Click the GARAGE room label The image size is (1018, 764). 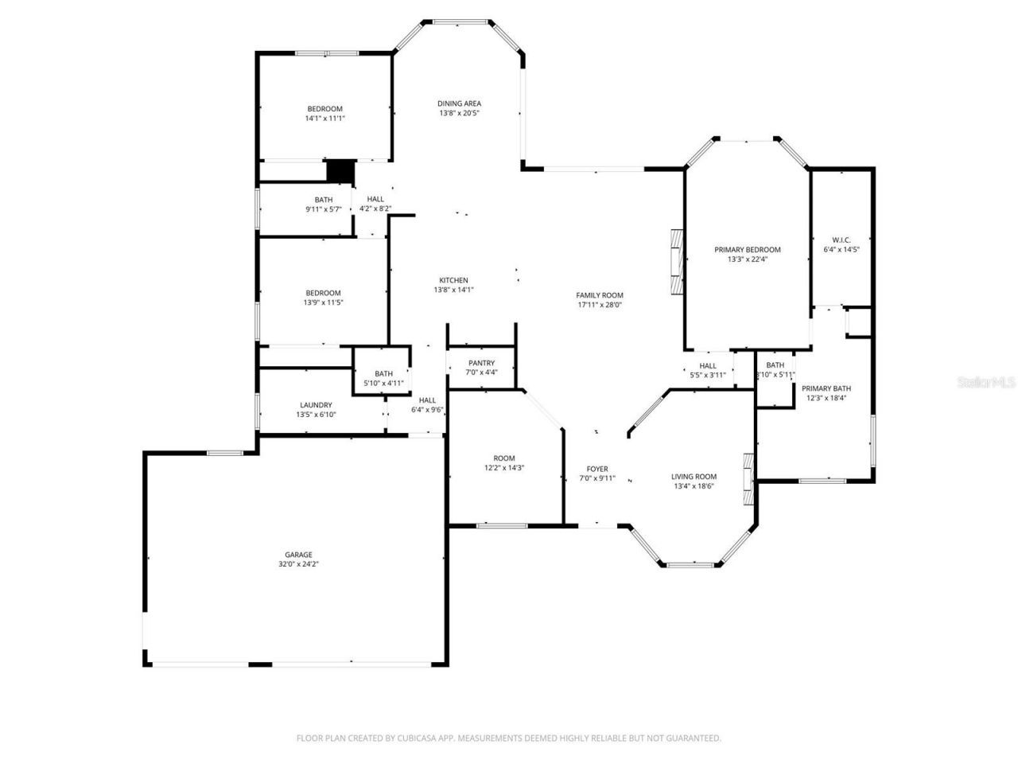[x=299, y=555]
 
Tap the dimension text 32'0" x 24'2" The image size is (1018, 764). [x=299, y=564]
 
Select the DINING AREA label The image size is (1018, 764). [x=459, y=103]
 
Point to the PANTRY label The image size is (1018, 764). [x=481, y=363]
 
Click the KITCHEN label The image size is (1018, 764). [x=453, y=280]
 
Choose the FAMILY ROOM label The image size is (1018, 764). [x=600, y=295]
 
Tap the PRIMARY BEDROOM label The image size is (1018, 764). [x=747, y=249]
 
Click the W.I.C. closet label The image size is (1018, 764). [x=841, y=240]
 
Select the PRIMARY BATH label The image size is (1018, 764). [x=826, y=388]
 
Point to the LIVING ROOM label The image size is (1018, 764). [x=694, y=477]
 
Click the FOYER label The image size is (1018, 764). [x=597, y=469]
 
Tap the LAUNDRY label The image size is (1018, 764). [x=316, y=405]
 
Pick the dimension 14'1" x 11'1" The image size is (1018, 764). [x=324, y=119]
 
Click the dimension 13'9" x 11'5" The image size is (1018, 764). [x=323, y=302]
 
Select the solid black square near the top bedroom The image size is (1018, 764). [x=340, y=171]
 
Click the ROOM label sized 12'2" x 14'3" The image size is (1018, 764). [x=504, y=458]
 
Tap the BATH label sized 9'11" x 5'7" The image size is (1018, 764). [x=324, y=200]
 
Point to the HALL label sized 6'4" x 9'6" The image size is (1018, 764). [x=427, y=400]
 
